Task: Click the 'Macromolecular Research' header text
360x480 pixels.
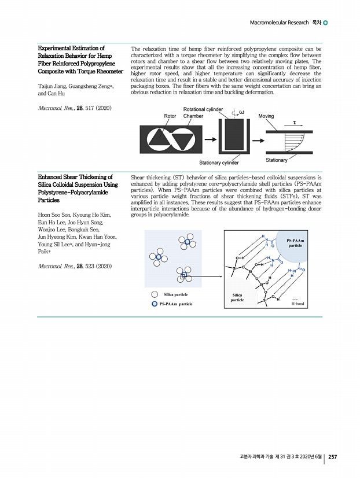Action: coord(278,23)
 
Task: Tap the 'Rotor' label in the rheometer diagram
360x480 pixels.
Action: coord(170,116)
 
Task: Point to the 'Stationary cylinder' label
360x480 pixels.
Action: coord(219,163)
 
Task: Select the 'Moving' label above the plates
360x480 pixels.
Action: coord(266,116)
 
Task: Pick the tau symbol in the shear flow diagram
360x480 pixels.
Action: coord(294,123)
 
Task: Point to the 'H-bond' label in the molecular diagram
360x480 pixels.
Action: coord(297,303)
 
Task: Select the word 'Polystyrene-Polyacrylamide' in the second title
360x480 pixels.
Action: coord(73,191)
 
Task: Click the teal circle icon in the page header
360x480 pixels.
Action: coord(325,23)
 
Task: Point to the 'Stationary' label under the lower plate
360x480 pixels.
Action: coord(277,160)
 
